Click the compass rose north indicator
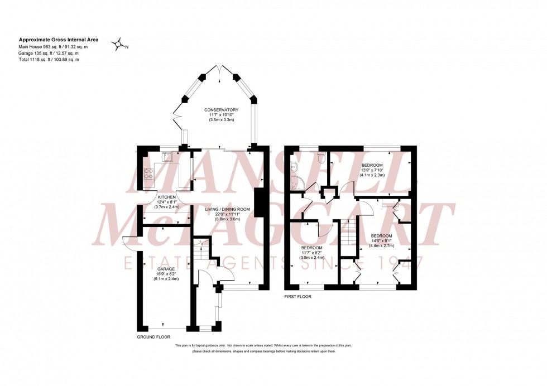coord(118,45)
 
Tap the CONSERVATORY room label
coord(221,110)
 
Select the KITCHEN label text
coord(166,197)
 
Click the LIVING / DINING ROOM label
coord(227,209)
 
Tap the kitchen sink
coord(167,157)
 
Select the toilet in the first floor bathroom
coord(320,158)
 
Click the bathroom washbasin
coord(294,167)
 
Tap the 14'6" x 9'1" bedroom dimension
coord(381,240)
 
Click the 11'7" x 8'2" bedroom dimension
coord(311,253)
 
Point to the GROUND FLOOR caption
coord(153,337)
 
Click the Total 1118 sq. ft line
coord(49,59)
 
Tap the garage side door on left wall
coord(128,243)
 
